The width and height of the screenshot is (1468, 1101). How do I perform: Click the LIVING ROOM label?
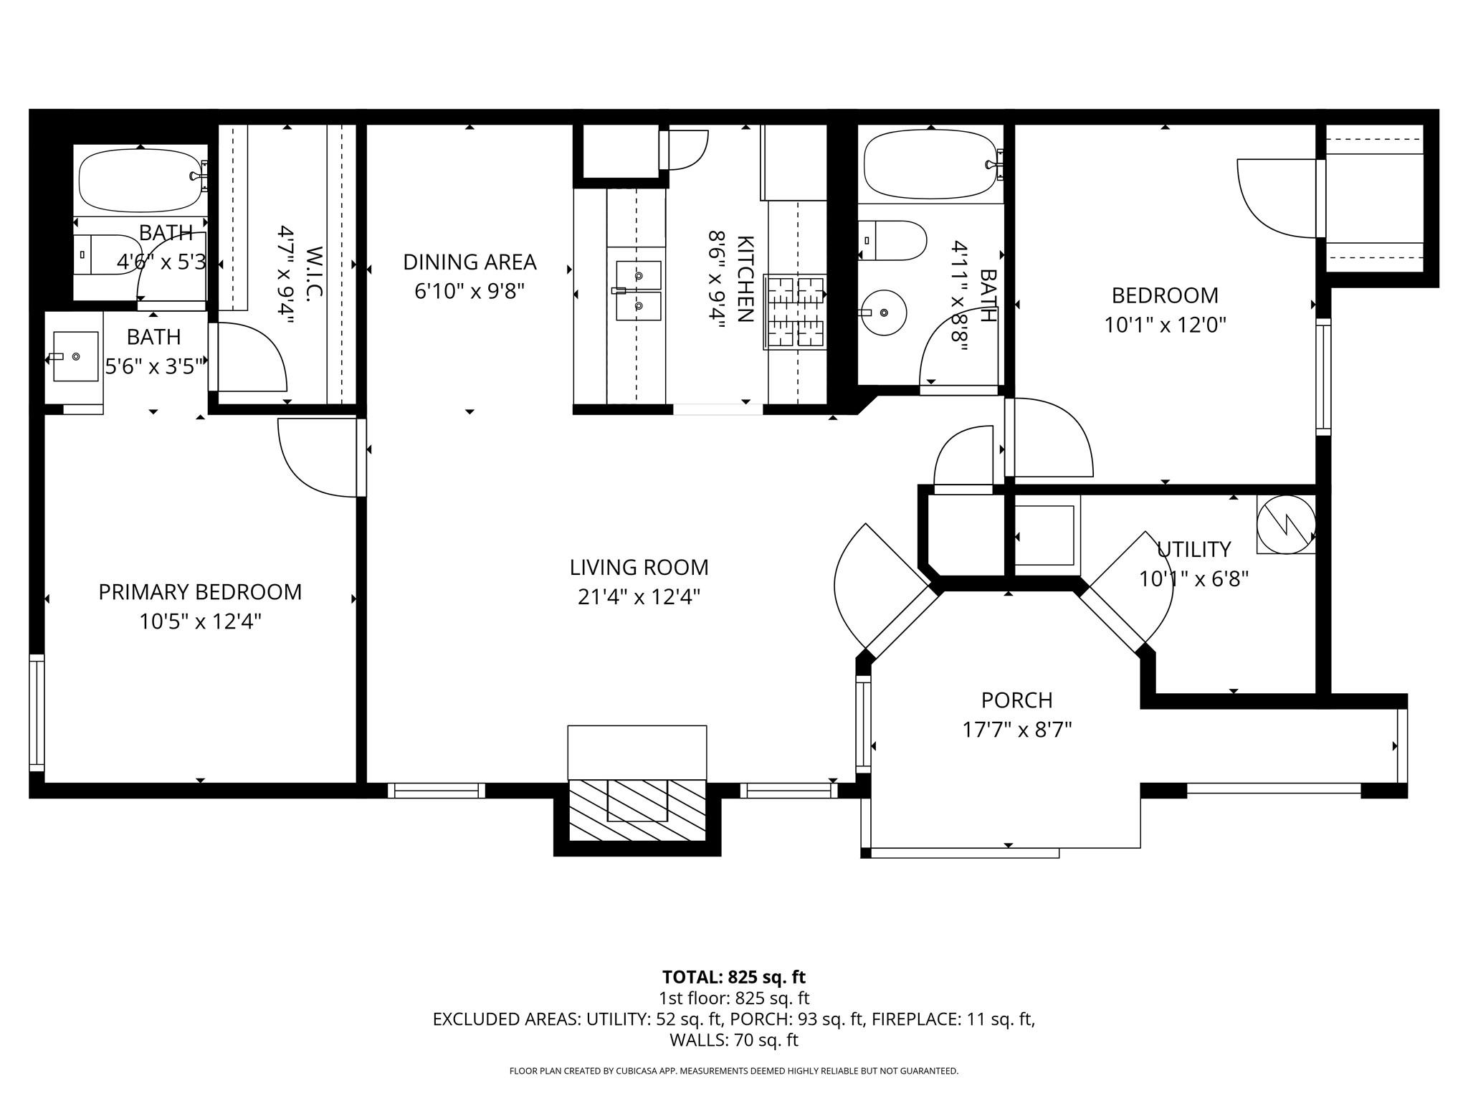tap(639, 567)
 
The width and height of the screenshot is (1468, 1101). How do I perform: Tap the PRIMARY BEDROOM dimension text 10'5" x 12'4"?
tap(200, 621)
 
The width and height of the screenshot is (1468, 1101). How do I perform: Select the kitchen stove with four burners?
tap(795, 312)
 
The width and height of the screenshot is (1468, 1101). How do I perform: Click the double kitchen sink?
tap(637, 291)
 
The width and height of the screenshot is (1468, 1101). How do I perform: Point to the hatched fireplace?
tap(637, 811)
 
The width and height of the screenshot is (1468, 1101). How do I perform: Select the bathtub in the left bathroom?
tap(140, 179)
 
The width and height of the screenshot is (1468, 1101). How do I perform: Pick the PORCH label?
tap(1016, 700)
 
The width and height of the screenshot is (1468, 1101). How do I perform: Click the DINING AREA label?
tap(470, 262)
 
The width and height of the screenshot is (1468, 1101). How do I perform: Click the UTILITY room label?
tap(1193, 550)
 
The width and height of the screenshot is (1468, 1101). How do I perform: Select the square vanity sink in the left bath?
tap(75, 356)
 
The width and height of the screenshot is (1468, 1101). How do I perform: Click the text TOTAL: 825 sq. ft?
tap(733, 977)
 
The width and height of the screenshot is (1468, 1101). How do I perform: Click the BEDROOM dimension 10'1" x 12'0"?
tap(1165, 325)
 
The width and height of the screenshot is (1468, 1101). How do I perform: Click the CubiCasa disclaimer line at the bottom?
tap(733, 1071)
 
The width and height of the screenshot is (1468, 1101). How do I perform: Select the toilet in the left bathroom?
tap(108, 254)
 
